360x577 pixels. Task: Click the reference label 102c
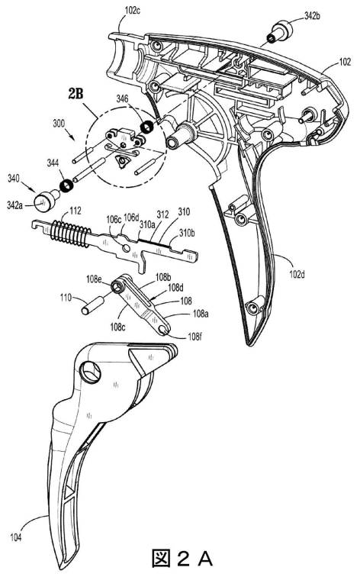(x=133, y=10)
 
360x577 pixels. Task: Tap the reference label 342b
(x=313, y=16)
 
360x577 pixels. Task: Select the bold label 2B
(x=76, y=94)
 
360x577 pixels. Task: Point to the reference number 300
(x=59, y=124)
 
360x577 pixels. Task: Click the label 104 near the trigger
(x=16, y=538)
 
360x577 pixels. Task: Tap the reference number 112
(x=76, y=211)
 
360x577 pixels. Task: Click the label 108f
(x=194, y=336)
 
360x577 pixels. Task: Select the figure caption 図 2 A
(x=182, y=559)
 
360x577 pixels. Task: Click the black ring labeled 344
(x=66, y=185)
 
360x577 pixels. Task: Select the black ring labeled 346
(x=146, y=127)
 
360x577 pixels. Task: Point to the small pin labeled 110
(x=93, y=305)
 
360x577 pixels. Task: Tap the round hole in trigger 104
(x=91, y=371)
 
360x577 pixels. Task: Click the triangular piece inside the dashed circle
(x=122, y=161)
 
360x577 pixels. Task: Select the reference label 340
(x=14, y=179)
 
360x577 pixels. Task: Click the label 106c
(x=114, y=220)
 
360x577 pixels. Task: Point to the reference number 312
(x=162, y=214)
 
